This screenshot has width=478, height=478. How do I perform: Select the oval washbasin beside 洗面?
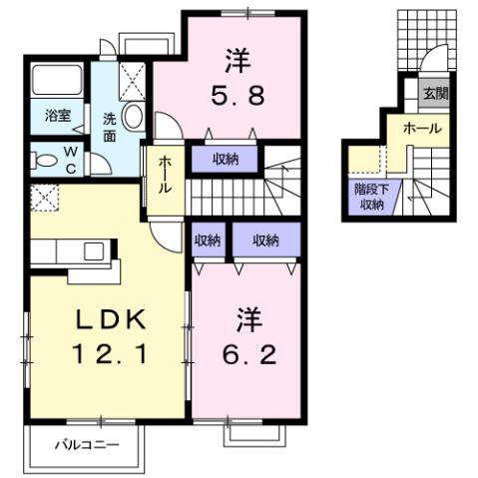coord(136,118)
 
